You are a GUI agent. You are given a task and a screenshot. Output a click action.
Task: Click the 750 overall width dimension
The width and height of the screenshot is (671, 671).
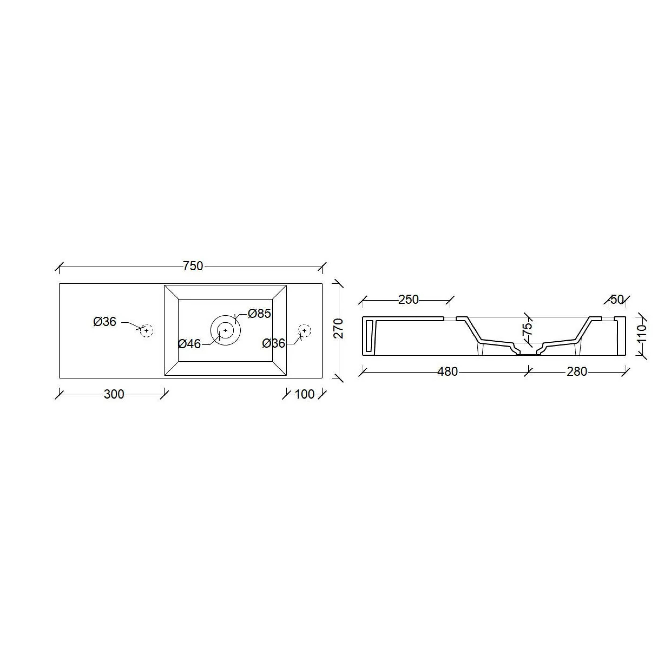pos(193,266)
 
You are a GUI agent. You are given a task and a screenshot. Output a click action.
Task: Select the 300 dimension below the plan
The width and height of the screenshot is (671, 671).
pos(114,395)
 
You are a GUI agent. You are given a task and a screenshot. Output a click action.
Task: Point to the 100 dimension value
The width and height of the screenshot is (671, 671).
pos(305,395)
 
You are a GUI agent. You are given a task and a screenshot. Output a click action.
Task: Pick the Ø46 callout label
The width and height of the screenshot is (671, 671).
pos(189,344)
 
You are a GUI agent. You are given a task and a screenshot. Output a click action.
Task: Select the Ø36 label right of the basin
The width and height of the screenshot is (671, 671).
pos(274,344)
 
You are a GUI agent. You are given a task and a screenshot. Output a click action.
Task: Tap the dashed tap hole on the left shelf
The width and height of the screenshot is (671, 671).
pos(147,331)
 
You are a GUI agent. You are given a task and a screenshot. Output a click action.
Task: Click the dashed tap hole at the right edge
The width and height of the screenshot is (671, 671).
pos(305,331)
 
